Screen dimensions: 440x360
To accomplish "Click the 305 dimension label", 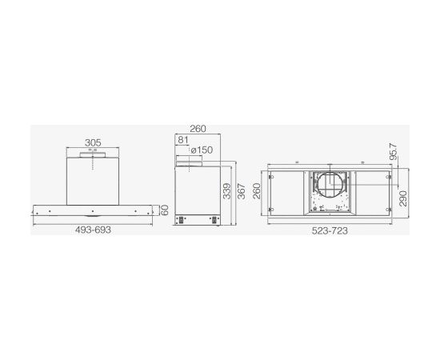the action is [93, 142].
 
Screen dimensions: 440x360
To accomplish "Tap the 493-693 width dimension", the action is [93, 230].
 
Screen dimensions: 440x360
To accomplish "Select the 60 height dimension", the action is [165, 210].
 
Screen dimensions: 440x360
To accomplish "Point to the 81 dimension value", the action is [183, 139].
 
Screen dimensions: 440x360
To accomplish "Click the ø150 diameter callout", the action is [202, 150].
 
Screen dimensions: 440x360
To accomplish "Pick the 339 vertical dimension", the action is [226, 191].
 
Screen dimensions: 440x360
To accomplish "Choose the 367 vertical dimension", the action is [242, 191].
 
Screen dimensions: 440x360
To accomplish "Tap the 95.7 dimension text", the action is [394, 151].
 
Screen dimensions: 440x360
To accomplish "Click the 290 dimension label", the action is [402, 198].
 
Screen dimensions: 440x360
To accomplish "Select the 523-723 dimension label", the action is [330, 231].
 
